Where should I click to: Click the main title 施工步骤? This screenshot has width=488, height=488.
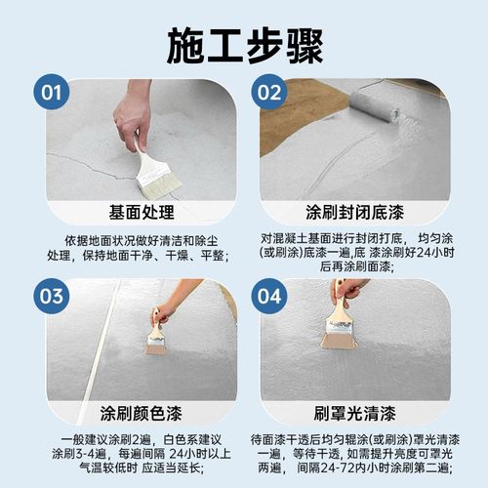pyautogui.click(x=244, y=41)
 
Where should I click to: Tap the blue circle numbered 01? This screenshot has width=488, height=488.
pyautogui.click(x=51, y=94)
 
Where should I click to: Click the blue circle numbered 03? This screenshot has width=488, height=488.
pyautogui.click(x=51, y=294)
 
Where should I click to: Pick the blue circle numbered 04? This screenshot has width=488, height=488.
pyautogui.click(x=276, y=294)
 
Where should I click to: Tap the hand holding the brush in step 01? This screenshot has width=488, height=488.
pyautogui.click(x=133, y=117)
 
